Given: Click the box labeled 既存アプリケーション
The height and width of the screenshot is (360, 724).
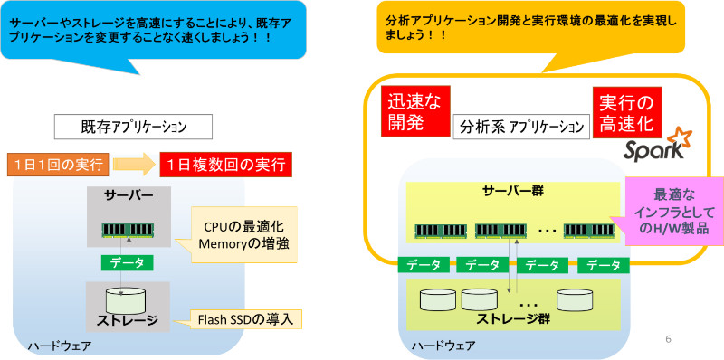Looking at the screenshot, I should point(133,126).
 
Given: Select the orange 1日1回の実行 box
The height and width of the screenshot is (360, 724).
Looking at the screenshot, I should point(59,165).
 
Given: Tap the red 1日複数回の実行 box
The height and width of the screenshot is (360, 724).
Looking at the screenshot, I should point(224,165).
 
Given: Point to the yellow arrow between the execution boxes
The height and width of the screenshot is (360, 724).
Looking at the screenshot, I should point(136,165).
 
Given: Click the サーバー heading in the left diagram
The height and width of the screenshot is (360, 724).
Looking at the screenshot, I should point(129,195).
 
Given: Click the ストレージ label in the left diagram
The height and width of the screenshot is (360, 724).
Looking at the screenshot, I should point(129,320).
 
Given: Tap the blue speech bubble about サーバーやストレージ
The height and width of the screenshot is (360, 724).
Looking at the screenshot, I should point(146,29).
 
